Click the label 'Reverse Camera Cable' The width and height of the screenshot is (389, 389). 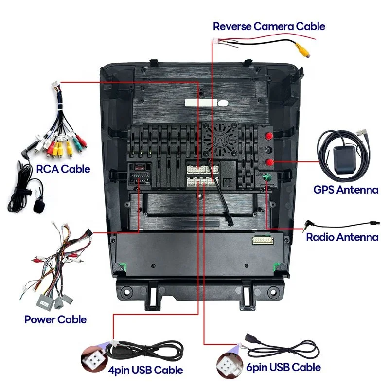[x=269, y=26]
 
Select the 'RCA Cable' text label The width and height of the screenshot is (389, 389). [x=63, y=169]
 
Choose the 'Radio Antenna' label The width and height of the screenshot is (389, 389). [x=342, y=237]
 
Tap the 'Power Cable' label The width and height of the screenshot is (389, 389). [x=55, y=319]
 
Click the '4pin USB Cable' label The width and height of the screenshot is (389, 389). [x=146, y=370]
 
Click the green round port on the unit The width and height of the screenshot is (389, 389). [x=267, y=178]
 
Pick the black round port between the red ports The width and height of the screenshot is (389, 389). [x=267, y=150]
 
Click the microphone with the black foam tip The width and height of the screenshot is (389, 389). [x=37, y=207]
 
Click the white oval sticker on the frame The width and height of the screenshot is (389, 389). [x=223, y=103]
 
